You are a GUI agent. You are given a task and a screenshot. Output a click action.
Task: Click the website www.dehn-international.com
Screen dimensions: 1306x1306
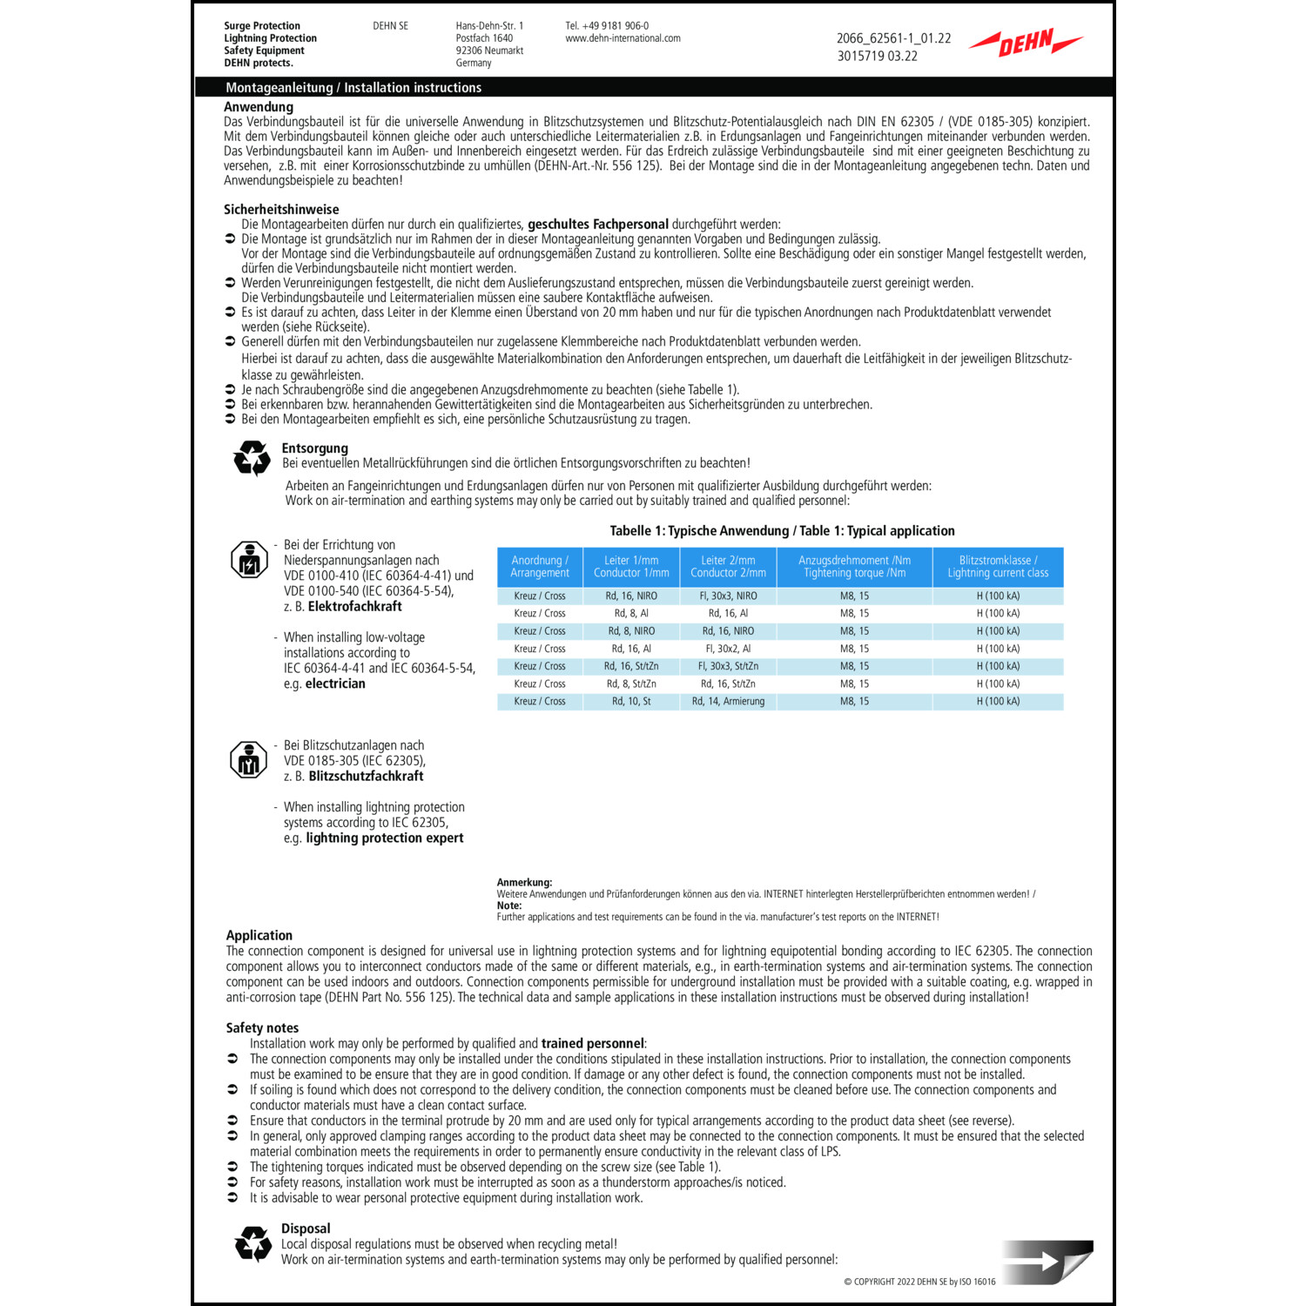tap(623, 38)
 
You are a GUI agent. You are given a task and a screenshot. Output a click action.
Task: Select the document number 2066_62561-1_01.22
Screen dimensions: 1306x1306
tap(893, 38)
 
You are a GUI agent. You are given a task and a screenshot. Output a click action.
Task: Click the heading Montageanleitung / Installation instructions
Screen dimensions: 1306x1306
tap(353, 88)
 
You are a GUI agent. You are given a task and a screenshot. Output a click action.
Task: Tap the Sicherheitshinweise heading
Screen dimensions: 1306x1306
tap(281, 209)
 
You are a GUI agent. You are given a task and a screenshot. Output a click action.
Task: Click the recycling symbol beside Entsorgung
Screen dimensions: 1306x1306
tap(252, 457)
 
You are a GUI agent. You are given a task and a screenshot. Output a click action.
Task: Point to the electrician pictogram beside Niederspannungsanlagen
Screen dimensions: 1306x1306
tap(249, 560)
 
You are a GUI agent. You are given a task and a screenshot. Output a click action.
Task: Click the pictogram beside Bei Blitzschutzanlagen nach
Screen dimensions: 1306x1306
tap(248, 760)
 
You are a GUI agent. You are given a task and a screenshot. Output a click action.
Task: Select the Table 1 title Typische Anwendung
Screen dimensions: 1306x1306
tap(782, 531)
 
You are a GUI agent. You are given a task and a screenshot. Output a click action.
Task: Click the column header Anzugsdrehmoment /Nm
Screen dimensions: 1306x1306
tap(854, 567)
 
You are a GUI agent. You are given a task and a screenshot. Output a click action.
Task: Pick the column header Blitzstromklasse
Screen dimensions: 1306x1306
tap(998, 567)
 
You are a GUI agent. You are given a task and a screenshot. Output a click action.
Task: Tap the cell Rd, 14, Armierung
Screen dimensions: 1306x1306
tap(728, 702)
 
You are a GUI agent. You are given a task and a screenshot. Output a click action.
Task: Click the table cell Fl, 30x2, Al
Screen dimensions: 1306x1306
tap(728, 649)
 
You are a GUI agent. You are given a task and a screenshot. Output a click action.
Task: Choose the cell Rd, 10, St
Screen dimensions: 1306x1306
tap(631, 702)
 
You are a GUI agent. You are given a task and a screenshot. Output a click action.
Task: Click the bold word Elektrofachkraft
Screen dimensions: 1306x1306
tap(355, 607)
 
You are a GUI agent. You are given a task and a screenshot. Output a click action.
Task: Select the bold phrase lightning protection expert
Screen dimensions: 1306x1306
tap(385, 838)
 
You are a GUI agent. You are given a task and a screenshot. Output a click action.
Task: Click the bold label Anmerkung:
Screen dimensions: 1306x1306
tap(524, 883)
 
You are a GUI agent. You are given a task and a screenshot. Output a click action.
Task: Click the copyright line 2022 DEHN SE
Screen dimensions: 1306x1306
tap(919, 1282)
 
